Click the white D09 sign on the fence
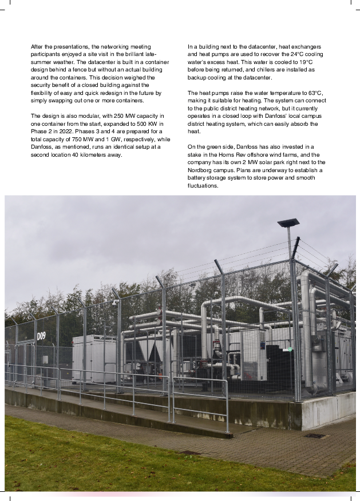pyautogui.click(x=41, y=336)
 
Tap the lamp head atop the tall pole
pyautogui.click(x=288, y=222)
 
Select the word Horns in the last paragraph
pyautogui.click(x=231, y=154)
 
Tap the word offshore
pyautogui.click(x=262, y=154)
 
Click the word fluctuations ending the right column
pyautogui.click(x=203, y=185)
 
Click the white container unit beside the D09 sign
pyautogui.click(x=94, y=357)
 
